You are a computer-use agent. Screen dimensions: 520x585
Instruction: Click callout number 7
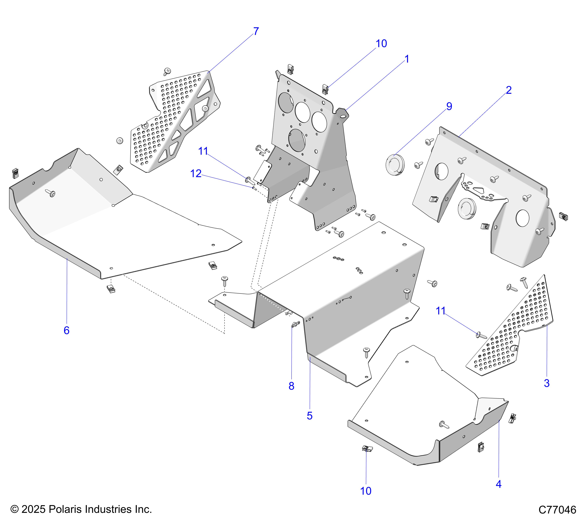pyautogui.click(x=256, y=31)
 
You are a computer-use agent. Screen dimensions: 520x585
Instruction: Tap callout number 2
pyautogui.click(x=509, y=90)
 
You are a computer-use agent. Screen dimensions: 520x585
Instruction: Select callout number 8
pyautogui.click(x=291, y=386)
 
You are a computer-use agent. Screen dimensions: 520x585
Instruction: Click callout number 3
pyautogui.click(x=547, y=383)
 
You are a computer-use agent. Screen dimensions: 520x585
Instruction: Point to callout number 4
pyautogui.click(x=499, y=484)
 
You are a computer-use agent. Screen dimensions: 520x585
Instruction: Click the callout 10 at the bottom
pyautogui.click(x=366, y=491)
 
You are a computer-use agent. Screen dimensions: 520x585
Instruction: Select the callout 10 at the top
pyautogui.click(x=381, y=44)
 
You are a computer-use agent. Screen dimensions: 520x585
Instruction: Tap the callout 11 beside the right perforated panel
pyautogui.click(x=441, y=311)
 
